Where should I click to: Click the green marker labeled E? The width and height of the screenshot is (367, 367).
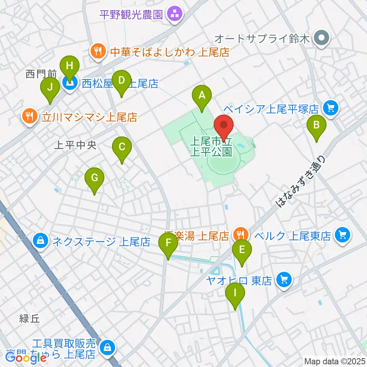coord(242,250)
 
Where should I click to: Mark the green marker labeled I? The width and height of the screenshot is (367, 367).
coord(235,295)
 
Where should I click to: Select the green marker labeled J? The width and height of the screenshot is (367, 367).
coord(50,88)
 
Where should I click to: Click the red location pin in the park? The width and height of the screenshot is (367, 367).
coord(224,127)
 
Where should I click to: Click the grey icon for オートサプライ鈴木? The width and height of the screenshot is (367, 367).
coord(322,38)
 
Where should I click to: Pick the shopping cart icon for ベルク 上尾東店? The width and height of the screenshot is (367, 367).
coord(341,234)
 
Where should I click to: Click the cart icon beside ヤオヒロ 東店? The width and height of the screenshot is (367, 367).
coord(283,280)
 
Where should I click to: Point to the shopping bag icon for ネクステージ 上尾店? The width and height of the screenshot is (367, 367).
coord(41,240)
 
